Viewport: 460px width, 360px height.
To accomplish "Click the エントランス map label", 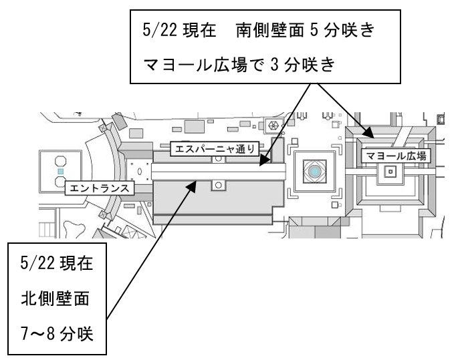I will click(x=99, y=189).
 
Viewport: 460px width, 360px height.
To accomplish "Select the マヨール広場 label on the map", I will click(x=395, y=156).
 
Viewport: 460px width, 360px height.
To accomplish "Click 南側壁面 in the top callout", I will click(x=277, y=32).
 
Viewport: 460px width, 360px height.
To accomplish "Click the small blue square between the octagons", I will click(x=60, y=172).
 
